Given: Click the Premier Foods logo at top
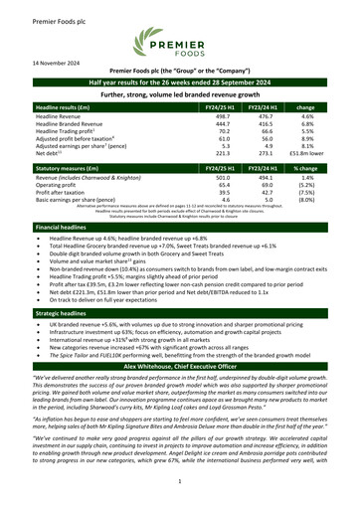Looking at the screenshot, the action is tap(180, 43).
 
